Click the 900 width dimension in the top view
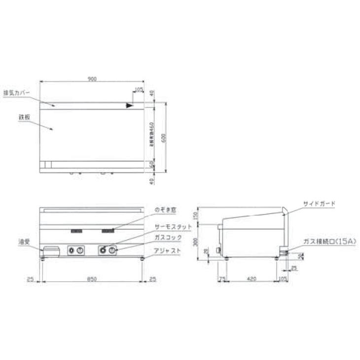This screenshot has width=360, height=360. pyautogui.click(x=92, y=78)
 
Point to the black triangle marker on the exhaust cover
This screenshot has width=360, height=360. pyautogui.click(x=130, y=105)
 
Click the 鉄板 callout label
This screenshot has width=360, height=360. pyautogui.click(x=11, y=118)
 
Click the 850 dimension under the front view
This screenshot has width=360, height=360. pyautogui.click(x=92, y=280)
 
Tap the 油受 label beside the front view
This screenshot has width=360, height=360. pyautogui.click(x=24, y=242)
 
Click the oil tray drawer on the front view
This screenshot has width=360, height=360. pyautogui.click(x=51, y=250)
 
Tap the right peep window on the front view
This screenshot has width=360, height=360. pyautogui.click(x=109, y=231)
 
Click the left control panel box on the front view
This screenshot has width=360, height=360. pyautogui.click(x=76, y=251)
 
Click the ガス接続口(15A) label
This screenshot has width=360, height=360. pyautogui.click(x=323, y=241)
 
